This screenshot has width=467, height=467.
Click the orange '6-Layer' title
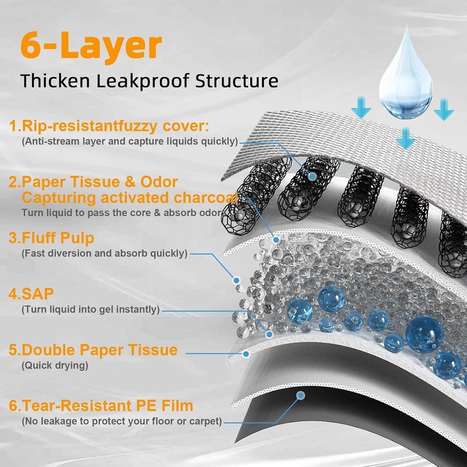click(91, 46)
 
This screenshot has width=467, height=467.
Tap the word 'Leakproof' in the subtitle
click(142, 81)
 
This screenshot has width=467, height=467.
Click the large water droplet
click(406, 72)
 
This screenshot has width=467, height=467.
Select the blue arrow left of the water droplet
click(361, 107)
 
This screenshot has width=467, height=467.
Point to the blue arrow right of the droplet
click(444, 110)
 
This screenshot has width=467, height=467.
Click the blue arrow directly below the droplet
click(405, 138)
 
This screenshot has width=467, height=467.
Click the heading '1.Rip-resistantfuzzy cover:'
click(109, 126)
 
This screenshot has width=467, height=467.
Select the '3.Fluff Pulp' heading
click(51, 238)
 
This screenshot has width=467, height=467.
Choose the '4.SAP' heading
click(31, 294)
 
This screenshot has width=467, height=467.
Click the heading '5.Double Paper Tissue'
click(93, 350)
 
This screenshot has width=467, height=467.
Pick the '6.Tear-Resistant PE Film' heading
click(101, 406)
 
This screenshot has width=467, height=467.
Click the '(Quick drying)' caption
click(55, 365)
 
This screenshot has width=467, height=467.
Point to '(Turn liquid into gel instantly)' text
click(90, 309)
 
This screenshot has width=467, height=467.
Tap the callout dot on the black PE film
click(301, 396)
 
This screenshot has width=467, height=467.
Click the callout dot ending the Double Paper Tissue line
click(246, 354)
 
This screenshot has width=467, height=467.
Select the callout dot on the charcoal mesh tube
click(312, 176)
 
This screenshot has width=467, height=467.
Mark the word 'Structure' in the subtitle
click(237, 81)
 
